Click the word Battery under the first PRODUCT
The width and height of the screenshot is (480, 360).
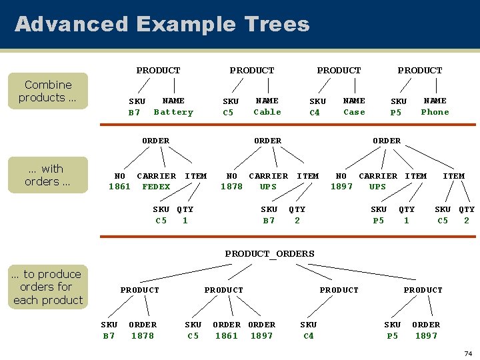click(173, 112)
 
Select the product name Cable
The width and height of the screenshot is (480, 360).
click(267, 112)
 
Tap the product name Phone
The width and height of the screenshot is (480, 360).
click(435, 112)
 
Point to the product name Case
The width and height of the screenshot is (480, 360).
click(354, 112)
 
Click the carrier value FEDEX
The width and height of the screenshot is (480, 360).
click(156, 187)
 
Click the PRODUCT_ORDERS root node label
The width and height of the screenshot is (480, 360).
click(269, 253)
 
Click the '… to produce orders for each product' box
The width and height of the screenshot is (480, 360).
click(48, 287)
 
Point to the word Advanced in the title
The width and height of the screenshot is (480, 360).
click(71, 25)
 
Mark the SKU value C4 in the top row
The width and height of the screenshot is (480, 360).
click(315, 113)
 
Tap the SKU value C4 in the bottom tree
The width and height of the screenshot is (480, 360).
click(308, 336)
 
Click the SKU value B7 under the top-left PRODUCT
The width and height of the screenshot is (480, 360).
click(135, 113)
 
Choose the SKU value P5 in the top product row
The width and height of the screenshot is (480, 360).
click(396, 113)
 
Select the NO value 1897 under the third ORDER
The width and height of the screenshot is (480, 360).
click(341, 187)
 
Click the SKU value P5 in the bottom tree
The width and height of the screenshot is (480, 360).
click(392, 336)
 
